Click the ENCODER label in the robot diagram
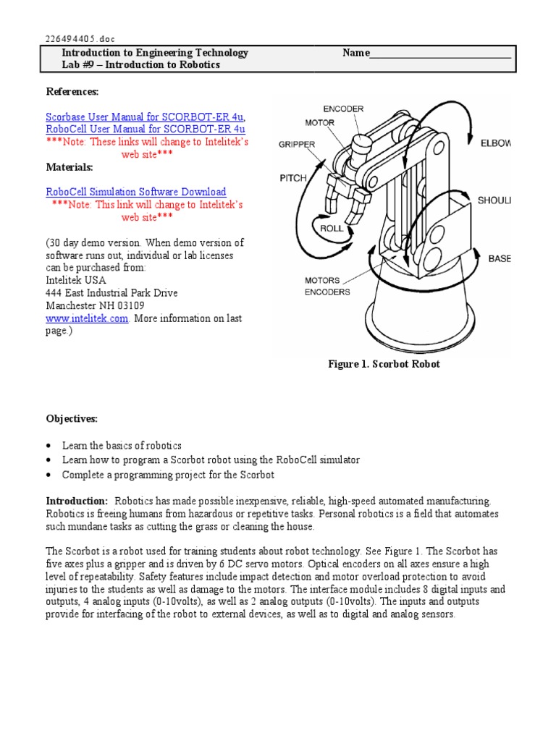tap(343, 109)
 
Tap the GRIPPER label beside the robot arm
tap(297, 145)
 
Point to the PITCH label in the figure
tap(293, 177)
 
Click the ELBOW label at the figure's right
tap(495, 143)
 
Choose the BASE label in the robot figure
tap(499, 258)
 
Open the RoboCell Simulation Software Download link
tap(136, 192)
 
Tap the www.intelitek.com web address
tap(88, 318)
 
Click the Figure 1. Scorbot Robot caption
tap(384, 364)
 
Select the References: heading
tap(72, 91)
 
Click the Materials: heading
tap(69, 167)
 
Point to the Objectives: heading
tap(72, 419)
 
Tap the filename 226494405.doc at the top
tap(80, 38)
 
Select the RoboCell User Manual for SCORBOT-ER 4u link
tap(146, 129)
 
